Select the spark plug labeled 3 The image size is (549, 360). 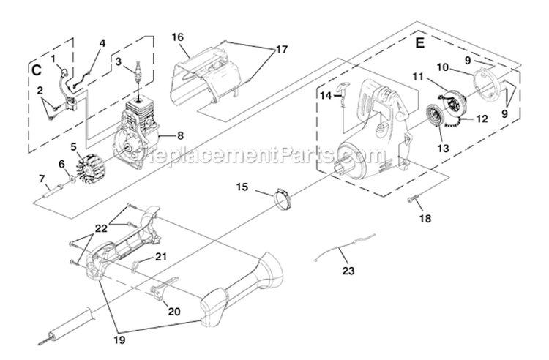tap(137, 75)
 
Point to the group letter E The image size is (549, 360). tap(419, 43)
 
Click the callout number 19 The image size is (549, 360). tap(117, 340)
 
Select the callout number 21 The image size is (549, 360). tap(162, 256)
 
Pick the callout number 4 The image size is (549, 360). tap(102, 43)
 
